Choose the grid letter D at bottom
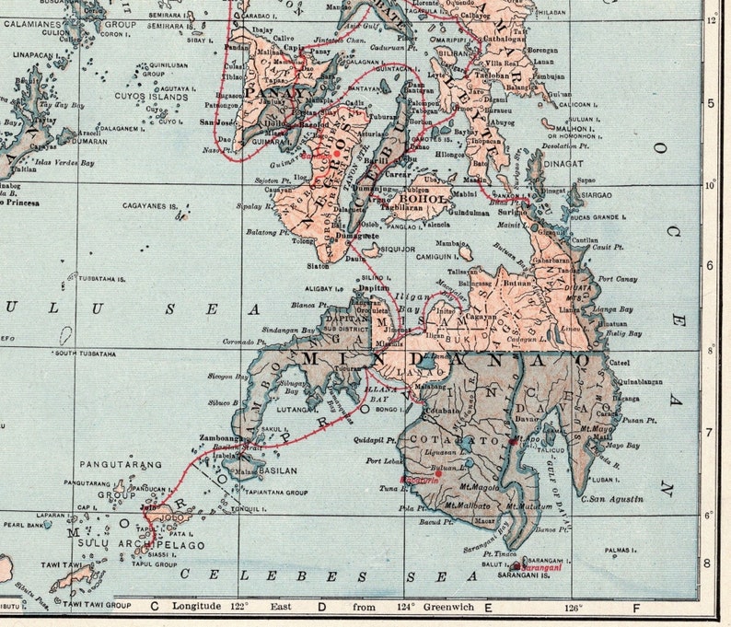pyautogui.click(x=321, y=607)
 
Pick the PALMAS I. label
pyautogui.click(x=621, y=551)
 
